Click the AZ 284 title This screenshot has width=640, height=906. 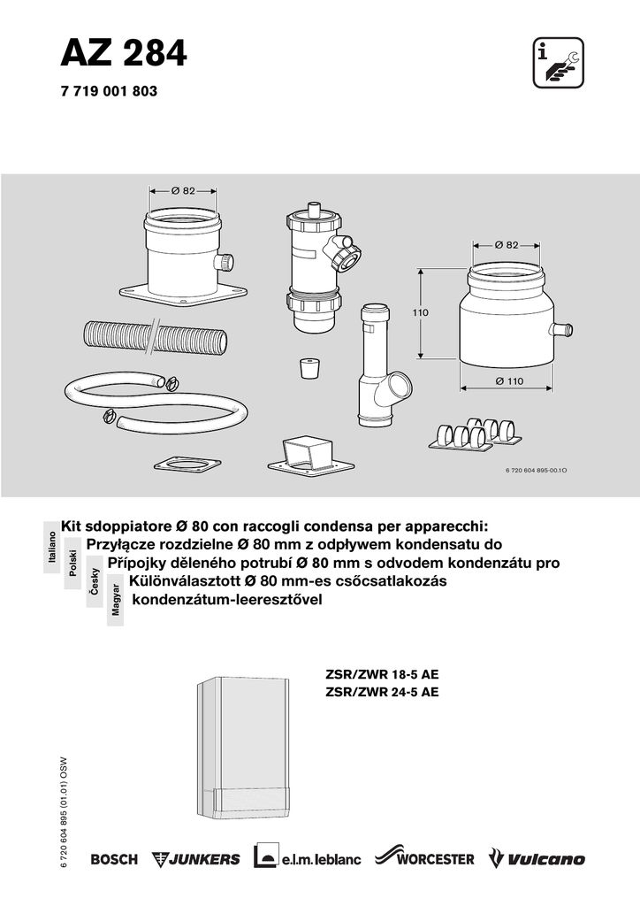click(x=124, y=54)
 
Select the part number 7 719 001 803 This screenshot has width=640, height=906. click(x=109, y=91)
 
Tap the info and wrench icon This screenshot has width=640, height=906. click(x=558, y=63)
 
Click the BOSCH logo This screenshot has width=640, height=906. click(x=114, y=859)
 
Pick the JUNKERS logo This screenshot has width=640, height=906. click(x=195, y=859)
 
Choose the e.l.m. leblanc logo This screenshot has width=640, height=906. click(x=307, y=858)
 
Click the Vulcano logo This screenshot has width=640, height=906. click(x=537, y=858)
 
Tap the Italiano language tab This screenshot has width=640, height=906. click(x=52, y=547)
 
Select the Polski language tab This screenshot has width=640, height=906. click(x=72, y=563)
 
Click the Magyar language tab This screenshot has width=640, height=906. click(x=116, y=600)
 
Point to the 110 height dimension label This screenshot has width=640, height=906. click(x=420, y=312)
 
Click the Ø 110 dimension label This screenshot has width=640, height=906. click(x=509, y=380)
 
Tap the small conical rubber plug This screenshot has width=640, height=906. click(x=310, y=368)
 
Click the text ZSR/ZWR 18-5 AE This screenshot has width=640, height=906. click(x=382, y=674)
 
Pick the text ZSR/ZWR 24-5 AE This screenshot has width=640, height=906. click(x=382, y=692)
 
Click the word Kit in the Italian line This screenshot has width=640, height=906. click(x=72, y=527)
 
